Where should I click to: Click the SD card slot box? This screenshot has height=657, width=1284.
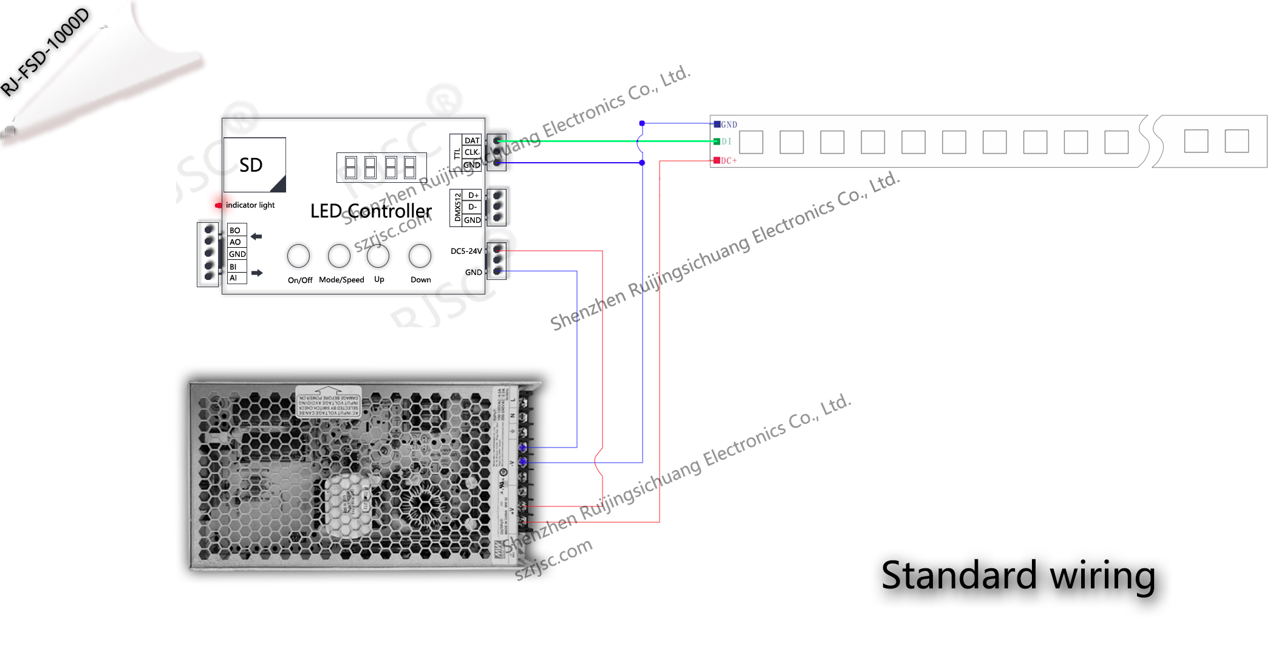click(x=254, y=165)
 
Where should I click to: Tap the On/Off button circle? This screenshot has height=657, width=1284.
click(x=298, y=256)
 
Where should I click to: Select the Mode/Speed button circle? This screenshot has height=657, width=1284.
click(x=339, y=256)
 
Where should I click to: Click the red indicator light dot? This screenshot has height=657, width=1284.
click(x=218, y=205)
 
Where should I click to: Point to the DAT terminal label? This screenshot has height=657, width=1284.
click(x=472, y=140)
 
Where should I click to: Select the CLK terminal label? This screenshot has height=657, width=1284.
click(x=471, y=152)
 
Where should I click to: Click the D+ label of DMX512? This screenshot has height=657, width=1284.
click(x=473, y=196)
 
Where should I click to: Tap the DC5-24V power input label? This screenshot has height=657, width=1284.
click(x=466, y=251)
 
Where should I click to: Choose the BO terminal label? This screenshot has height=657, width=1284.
click(x=235, y=230)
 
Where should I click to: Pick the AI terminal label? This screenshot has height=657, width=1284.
click(x=233, y=278)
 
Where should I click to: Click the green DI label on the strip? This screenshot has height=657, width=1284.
click(x=726, y=141)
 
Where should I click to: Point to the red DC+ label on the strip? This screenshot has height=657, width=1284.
click(x=728, y=161)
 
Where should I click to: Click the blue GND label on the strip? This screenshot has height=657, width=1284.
click(x=729, y=124)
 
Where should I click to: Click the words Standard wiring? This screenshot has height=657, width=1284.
click(x=1018, y=575)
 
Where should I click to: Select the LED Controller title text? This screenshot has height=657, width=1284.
click(x=371, y=211)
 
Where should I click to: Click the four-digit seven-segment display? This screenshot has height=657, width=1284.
click(x=381, y=167)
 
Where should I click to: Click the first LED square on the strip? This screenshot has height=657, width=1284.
click(x=751, y=142)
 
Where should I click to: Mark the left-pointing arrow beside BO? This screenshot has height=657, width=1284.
click(x=256, y=236)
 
